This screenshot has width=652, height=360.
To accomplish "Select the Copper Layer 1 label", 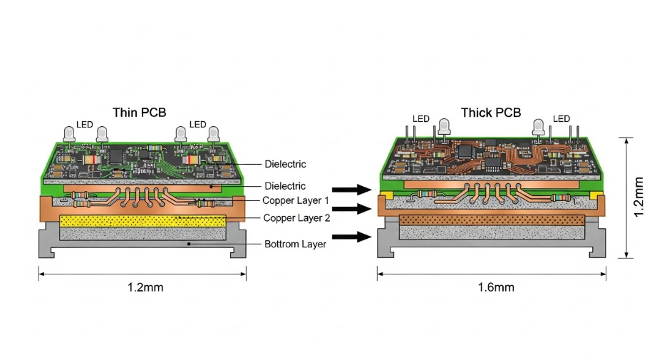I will (295, 201).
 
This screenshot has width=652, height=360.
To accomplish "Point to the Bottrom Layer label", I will (295, 244).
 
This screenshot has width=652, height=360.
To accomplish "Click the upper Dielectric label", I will (285, 164).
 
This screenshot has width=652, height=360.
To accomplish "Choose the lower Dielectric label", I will (285, 186).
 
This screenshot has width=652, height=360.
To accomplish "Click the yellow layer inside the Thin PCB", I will (143, 220).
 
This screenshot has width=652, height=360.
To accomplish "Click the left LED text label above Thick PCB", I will (420, 119).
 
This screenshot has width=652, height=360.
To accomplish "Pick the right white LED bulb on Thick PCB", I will (539, 127).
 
